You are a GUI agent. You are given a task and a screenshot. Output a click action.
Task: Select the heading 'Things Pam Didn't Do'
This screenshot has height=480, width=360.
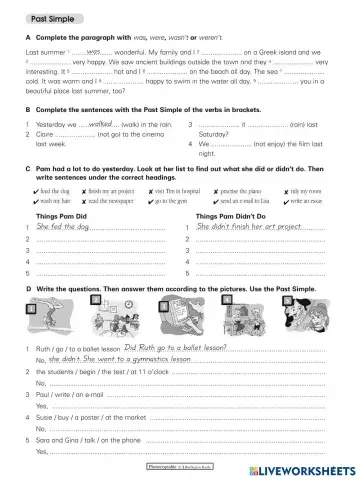pyautogui.click(x=237, y=216)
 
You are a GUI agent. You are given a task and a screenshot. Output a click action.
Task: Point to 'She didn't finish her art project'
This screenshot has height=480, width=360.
pyautogui.click(x=249, y=228)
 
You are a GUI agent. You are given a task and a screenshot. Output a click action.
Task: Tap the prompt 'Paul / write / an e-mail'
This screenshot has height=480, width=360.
pyautogui.click(x=72, y=396)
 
